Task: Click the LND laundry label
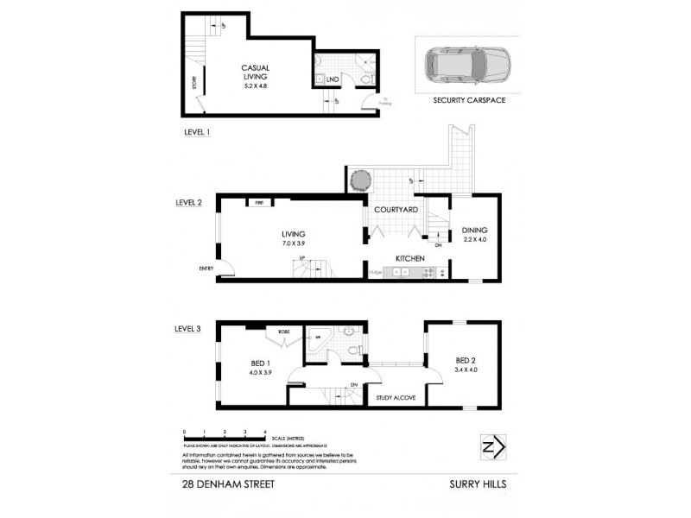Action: [333, 79]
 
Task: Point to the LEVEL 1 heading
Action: [197, 132]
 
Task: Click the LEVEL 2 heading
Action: [188, 203]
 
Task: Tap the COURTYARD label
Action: [396, 210]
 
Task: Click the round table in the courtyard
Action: [360, 179]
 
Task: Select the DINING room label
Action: [474, 231]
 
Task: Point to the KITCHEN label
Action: [409, 258]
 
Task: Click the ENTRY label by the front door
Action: [206, 268]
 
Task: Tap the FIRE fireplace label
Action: [258, 203]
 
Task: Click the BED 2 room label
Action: [465, 361]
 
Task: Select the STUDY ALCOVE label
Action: [396, 398]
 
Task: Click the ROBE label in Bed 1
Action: [282, 331]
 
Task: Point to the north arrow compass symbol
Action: [492, 447]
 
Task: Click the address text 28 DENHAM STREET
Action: [228, 484]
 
